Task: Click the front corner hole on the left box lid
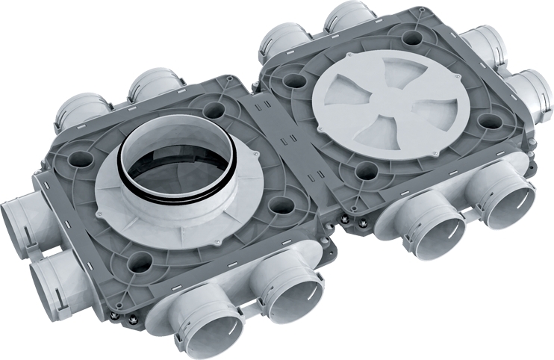(139, 261)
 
